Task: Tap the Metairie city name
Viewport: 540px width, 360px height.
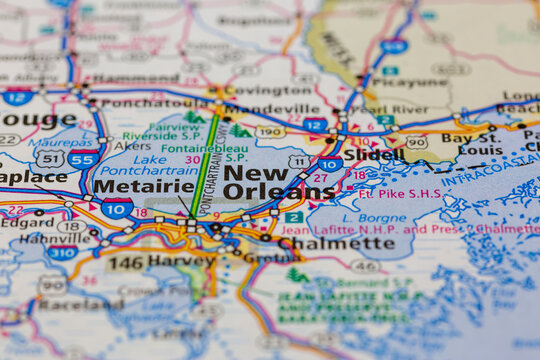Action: pyautogui.click(x=144, y=186)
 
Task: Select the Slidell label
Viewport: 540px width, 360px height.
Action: pyautogui.click(x=374, y=155)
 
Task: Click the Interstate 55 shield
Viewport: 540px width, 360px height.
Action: pyautogui.click(x=83, y=159)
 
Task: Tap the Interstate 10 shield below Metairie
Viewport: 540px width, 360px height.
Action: pyautogui.click(x=117, y=208)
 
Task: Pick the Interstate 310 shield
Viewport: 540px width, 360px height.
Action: pyautogui.click(x=62, y=253)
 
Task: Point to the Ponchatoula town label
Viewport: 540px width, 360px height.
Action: pyautogui.click(x=140, y=103)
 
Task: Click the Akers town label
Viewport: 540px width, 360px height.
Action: pyautogui.click(x=132, y=144)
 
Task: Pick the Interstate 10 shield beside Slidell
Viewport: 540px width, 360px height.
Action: pyautogui.click(x=330, y=163)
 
